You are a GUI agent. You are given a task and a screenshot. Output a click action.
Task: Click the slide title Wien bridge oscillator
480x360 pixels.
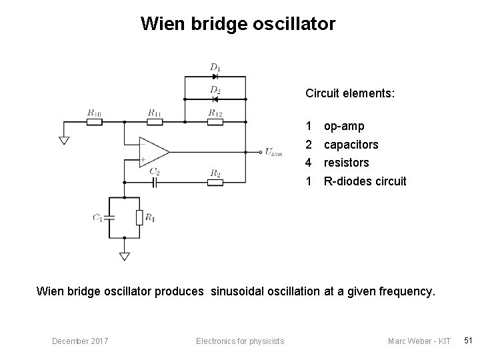coord(238,25)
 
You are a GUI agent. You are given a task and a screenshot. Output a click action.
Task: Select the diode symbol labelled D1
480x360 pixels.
coord(215,77)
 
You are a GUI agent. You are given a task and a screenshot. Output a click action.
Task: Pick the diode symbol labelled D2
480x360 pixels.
coord(215,99)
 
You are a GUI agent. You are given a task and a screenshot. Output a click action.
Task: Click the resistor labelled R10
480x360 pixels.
coord(94,123)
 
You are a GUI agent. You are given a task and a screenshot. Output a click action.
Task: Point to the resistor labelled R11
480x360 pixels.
coord(154,123)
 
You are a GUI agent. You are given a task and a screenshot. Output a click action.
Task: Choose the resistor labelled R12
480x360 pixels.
coord(215,123)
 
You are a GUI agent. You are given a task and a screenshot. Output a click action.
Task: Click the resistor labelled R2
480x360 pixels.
coord(215,181)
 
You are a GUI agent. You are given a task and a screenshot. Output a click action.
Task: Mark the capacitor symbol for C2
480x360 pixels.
coord(154,181)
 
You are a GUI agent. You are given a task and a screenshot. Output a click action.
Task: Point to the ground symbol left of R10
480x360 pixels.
coord(64,139)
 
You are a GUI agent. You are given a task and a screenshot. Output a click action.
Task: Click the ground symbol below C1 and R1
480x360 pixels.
coord(125,255)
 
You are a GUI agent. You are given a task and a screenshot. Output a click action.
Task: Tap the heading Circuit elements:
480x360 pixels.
coord(350,93)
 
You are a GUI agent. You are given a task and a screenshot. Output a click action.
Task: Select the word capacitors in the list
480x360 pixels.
coord(351,144)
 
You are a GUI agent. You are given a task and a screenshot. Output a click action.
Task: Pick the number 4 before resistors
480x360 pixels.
coord(309,163)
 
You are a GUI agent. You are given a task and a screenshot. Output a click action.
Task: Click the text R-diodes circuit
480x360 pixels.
coord(364,181)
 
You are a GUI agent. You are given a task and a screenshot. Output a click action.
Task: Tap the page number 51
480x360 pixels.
coord(468,341)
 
